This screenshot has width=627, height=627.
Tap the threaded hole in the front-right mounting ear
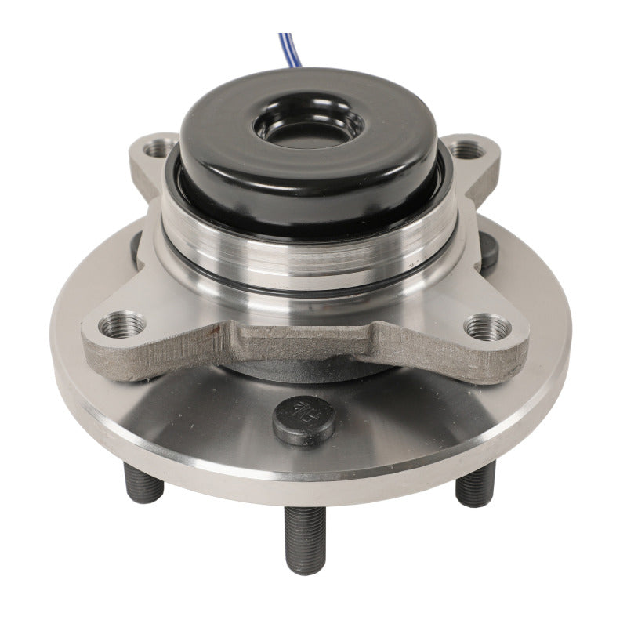click(x=487, y=324)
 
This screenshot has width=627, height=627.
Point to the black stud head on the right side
click(x=487, y=252)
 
